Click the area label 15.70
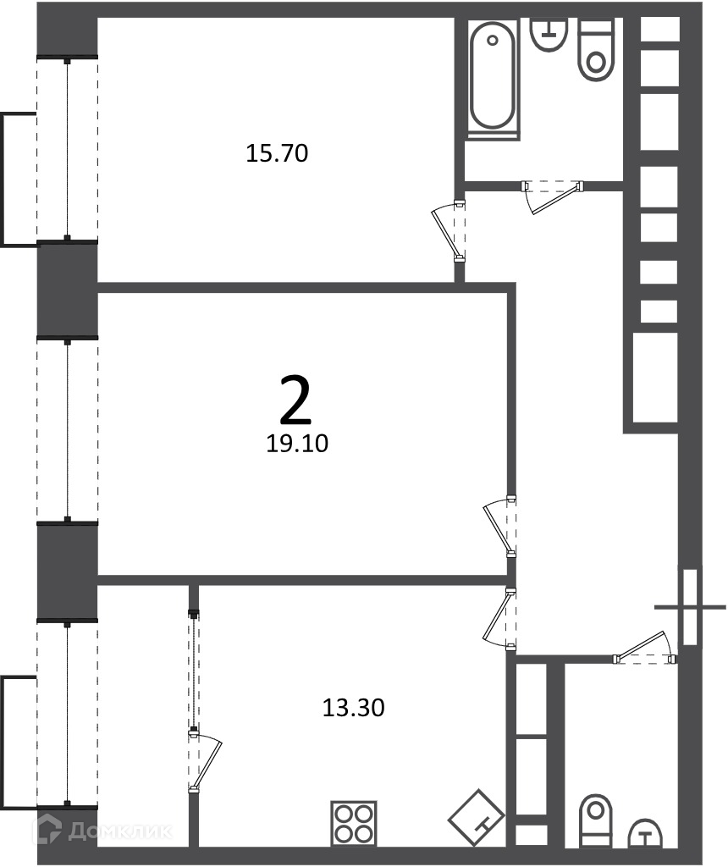click(276, 153)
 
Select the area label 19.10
click(297, 443)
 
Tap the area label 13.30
click(353, 707)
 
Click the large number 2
click(295, 399)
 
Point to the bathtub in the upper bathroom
click(493, 77)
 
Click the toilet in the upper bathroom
click(596, 50)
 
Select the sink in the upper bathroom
click(549, 34)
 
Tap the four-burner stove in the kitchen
click(354, 823)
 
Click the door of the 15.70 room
click(449, 231)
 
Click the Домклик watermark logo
click(102, 831)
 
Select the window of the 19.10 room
click(68, 430)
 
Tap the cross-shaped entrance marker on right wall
click(690, 607)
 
